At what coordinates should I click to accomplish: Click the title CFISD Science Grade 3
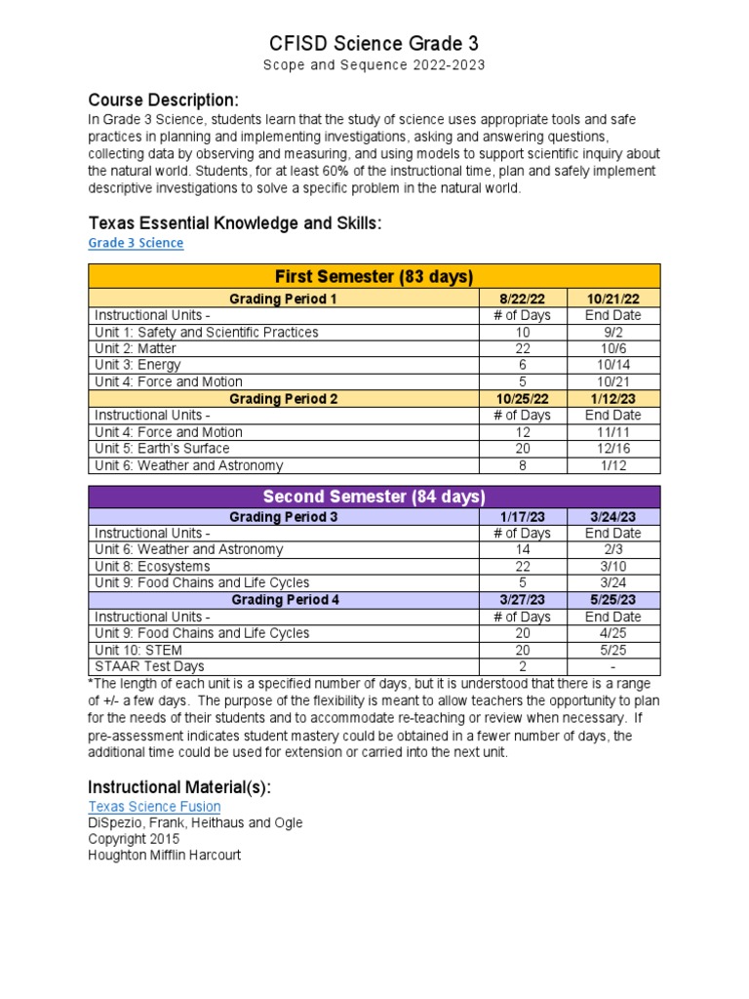(374, 44)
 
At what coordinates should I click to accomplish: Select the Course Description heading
(163, 100)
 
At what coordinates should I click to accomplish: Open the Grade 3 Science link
(136, 243)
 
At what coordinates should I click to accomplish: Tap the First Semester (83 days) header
(374, 276)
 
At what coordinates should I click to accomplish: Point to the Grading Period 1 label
(283, 299)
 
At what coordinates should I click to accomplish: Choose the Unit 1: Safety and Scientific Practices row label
(207, 333)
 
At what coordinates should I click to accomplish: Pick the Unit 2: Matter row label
(137, 349)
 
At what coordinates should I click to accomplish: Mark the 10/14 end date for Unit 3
(612, 366)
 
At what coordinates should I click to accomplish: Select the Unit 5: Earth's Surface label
(162, 449)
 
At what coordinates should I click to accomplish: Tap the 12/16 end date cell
(612, 449)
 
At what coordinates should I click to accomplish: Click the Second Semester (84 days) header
(374, 498)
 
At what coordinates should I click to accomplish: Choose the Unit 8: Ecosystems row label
(152, 567)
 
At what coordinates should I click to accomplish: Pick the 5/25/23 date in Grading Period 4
(612, 600)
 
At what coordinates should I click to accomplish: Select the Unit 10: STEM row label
(138, 651)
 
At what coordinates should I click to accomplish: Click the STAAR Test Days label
(149, 667)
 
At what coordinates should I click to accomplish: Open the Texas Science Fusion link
(154, 807)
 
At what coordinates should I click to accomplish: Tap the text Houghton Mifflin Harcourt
(164, 856)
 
